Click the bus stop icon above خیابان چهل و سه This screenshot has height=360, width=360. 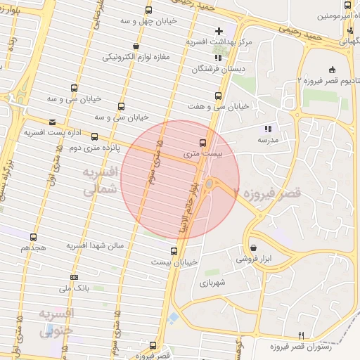148,10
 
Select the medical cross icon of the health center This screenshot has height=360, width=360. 219,31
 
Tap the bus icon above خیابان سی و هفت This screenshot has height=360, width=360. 217,95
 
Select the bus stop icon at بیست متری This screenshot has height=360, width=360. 203,141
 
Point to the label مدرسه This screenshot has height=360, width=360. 266,140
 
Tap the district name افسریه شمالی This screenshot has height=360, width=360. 98,181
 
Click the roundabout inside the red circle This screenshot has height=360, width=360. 209,184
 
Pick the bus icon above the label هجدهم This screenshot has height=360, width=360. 34,237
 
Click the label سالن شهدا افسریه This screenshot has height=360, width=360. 96,246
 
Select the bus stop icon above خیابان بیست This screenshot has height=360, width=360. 174,251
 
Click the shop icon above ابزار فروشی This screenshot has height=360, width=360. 253,247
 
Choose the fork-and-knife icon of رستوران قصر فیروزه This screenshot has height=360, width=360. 302,335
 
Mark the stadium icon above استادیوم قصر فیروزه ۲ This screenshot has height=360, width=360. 332,70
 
